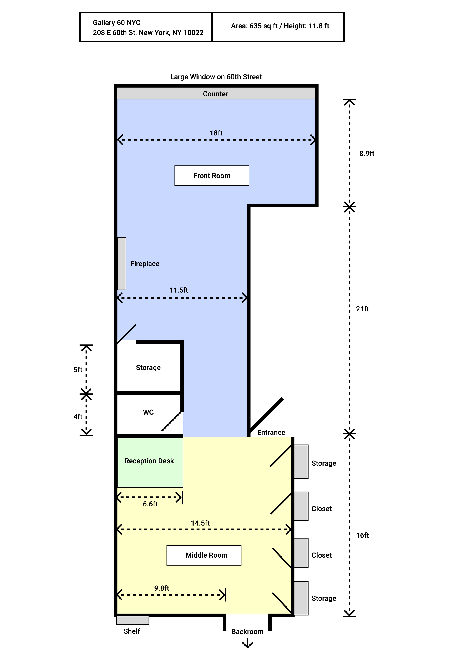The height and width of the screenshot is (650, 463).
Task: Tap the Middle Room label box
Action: pyautogui.click(x=204, y=555)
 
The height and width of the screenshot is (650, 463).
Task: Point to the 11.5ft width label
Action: pyautogui.click(x=179, y=290)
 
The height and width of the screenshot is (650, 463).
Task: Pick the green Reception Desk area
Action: pyautogui.click(x=150, y=470)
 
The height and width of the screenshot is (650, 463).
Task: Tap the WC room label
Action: pyautogui.click(x=148, y=412)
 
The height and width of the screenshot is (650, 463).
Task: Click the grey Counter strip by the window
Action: pyautogui.click(x=216, y=94)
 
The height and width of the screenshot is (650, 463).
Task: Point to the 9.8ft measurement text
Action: pyautogui.click(x=162, y=588)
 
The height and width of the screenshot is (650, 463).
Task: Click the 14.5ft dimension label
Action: pyautogui.click(x=200, y=523)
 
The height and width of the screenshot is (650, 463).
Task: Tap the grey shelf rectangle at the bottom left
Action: pyautogui.click(x=133, y=620)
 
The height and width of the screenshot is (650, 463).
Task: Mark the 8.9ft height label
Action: pyautogui.click(x=367, y=154)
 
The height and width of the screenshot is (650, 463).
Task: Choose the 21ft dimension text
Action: pyautogui.click(x=362, y=309)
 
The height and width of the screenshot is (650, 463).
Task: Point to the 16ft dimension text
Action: pyautogui.click(x=362, y=535)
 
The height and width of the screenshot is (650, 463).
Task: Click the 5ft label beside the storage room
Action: pyautogui.click(x=78, y=370)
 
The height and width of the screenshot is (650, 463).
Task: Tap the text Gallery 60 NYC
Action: pyautogui.click(x=117, y=23)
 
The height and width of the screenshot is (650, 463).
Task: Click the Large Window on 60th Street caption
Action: pyautogui.click(x=216, y=77)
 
